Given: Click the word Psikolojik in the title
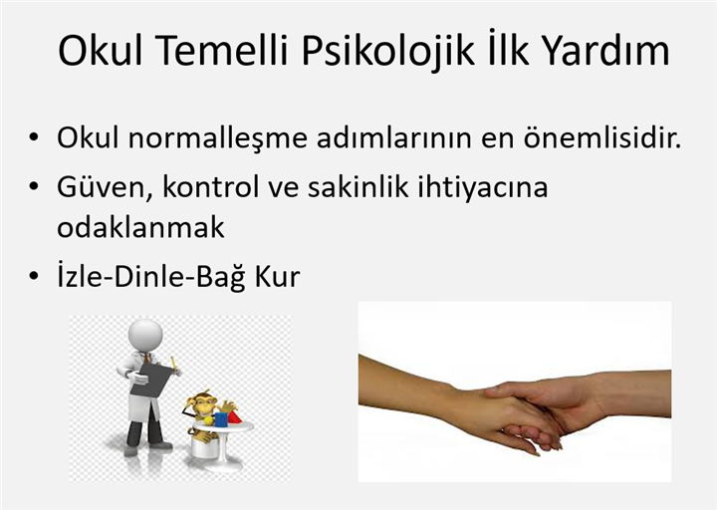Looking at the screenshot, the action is pos(387,51).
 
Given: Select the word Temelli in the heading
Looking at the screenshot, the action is pos(221,50).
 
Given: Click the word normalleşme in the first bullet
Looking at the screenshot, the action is pos(218,137).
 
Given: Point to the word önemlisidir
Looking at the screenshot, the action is pos(602,136).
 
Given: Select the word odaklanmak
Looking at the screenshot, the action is pos(140,226).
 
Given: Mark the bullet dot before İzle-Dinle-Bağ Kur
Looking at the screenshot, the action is pos(34,277).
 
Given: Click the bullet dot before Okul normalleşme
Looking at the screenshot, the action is pos(34,137).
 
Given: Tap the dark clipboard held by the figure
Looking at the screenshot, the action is pos(152,379).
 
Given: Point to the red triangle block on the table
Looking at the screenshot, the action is pos(234,417).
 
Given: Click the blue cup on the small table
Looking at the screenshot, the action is pos(221,419).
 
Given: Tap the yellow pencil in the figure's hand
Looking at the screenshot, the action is pos(173,363).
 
